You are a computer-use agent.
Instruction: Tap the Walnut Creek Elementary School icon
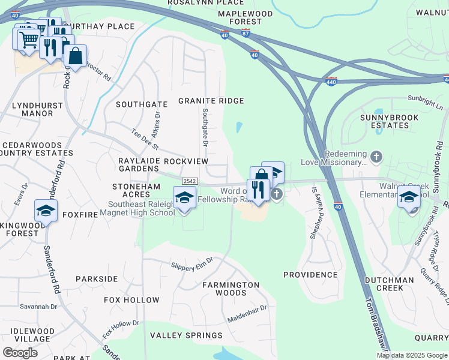[409, 197]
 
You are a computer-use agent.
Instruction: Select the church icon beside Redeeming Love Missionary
[376, 157]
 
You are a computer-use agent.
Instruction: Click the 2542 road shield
[190, 181]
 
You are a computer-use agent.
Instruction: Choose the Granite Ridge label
[211, 101]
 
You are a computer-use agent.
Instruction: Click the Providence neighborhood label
[310, 275]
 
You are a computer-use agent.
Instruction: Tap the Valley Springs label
[186, 335]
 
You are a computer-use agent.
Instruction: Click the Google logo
[20, 352]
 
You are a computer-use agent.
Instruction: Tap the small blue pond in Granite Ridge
[240, 127]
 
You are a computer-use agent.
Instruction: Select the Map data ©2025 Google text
[411, 355]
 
